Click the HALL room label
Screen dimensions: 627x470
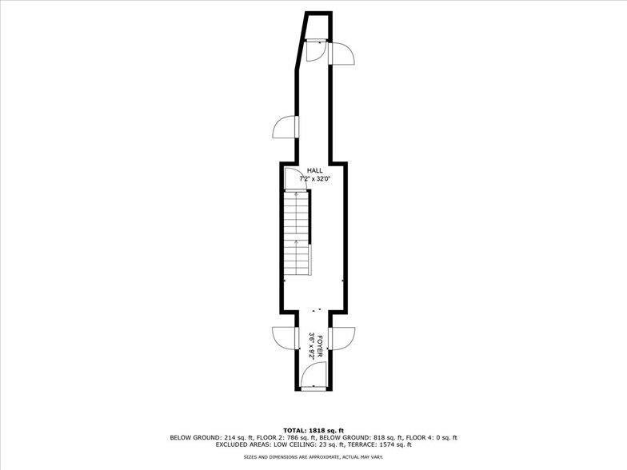pos(315,171)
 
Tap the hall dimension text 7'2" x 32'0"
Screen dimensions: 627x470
pos(315,179)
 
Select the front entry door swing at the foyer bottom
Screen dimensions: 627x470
pos(314,375)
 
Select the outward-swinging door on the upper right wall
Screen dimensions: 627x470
pos(341,53)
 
